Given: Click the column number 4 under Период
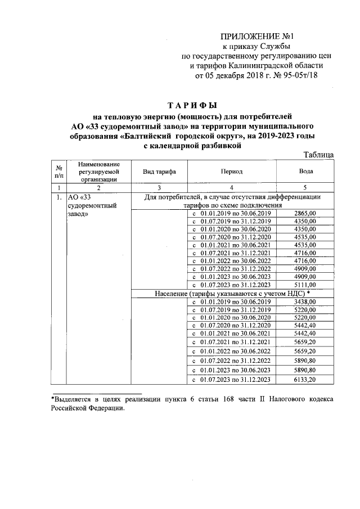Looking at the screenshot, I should tap(232, 187).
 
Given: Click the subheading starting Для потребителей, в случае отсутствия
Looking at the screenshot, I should tap(232, 201).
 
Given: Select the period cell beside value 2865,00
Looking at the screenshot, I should tap(232, 214).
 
